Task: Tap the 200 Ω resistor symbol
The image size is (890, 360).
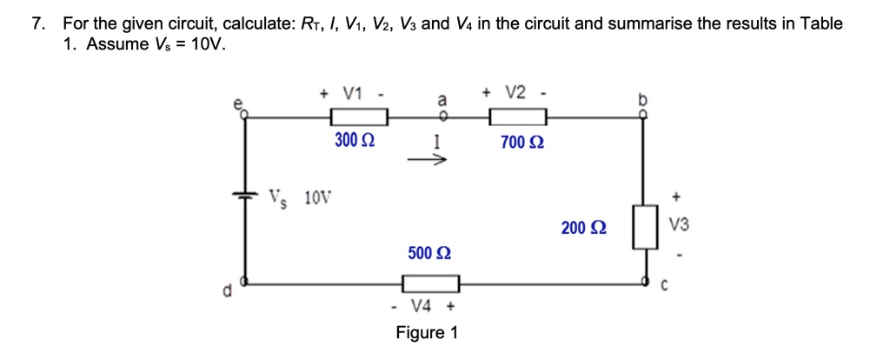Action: [x=644, y=227]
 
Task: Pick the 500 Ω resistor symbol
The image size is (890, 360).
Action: [x=430, y=283]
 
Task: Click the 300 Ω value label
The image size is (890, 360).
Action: [x=355, y=140]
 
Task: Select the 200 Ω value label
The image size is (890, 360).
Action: [x=584, y=228]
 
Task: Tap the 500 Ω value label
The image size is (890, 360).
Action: [x=429, y=254]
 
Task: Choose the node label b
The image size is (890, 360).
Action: [x=643, y=100]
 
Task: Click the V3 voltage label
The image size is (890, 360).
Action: [x=680, y=225]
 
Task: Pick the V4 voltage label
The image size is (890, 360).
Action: [x=422, y=306]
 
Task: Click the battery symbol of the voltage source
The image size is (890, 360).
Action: [x=245, y=197]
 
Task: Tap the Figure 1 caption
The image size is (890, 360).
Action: [x=426, y=332]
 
